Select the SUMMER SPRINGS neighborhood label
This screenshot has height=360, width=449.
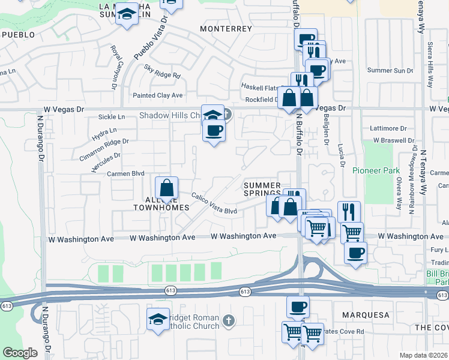[x=262, y=190]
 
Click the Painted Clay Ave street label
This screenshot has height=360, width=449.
[x=158, y=95]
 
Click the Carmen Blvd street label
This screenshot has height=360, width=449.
[x=127, y=173]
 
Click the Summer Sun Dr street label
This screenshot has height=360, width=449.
[x=391, y=70]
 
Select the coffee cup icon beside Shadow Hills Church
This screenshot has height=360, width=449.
[x=213, y=130]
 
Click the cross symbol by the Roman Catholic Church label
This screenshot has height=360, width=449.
[x=228, y=321]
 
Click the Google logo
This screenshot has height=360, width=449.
[x=20, y=353]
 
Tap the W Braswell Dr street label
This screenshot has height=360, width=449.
[x=394, y=140]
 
